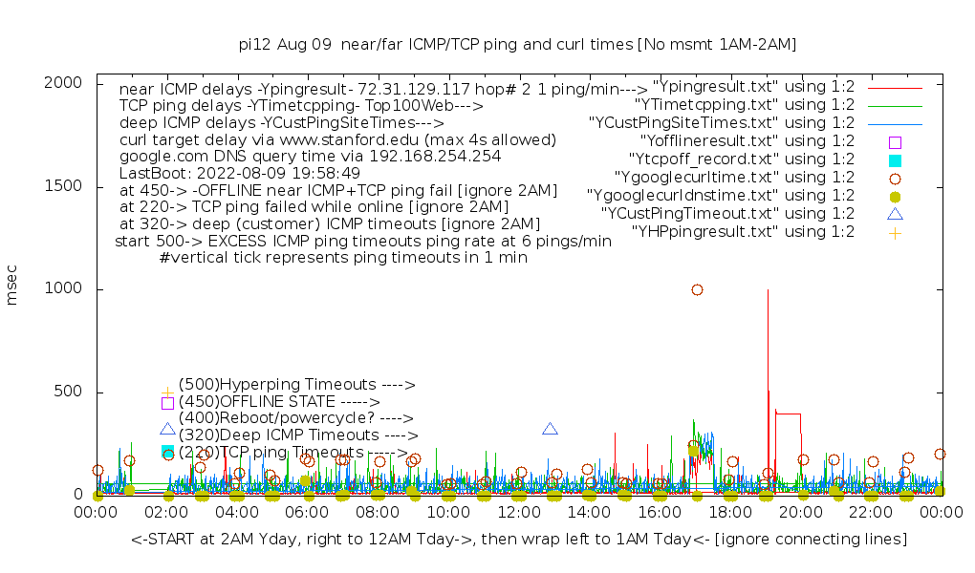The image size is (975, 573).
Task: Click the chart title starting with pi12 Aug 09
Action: tap(517, 44)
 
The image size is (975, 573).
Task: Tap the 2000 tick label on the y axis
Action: tap(70, 83)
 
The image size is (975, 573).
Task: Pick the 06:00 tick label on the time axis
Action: tap(308, 514)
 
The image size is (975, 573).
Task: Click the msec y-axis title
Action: tap(13, 288)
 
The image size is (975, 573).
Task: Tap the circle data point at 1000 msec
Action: tap(697, 289)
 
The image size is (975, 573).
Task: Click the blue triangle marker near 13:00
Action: tap(550, 429)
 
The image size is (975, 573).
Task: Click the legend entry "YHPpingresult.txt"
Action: tap(743, 232)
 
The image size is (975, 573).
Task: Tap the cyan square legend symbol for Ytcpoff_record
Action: tap(895, 159)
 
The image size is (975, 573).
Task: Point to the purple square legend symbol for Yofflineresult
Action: tap(895, 141)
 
